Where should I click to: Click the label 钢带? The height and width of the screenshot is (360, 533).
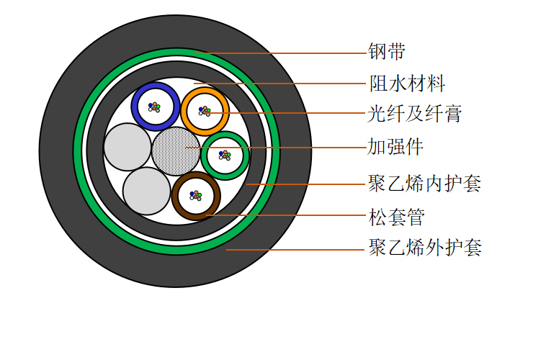(387, 52)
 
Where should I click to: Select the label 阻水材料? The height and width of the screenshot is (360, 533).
(407, 84)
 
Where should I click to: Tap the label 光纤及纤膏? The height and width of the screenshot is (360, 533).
(415, 114)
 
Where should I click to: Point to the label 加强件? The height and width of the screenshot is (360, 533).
(395, 147)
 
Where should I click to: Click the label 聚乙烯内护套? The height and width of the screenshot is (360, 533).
(425, 184)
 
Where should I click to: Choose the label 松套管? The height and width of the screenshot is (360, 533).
(397, 217)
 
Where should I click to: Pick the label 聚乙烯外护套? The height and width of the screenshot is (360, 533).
(425, 247)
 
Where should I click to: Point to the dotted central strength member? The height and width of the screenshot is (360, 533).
(176, 151)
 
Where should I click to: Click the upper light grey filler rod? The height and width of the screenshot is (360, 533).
(127, 147)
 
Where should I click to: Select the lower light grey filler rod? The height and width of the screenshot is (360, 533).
(146, 191)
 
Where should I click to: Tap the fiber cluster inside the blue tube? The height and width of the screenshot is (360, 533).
(154, 107)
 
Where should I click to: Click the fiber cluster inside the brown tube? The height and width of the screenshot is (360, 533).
(196, 196)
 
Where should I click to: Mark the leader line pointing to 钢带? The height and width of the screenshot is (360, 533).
(281, 53)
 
